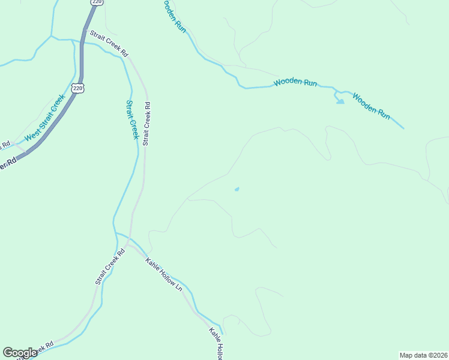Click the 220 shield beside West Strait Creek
77,88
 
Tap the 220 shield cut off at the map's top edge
97,2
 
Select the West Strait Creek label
44,119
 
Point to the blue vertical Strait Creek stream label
131,119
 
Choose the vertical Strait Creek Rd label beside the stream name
146,124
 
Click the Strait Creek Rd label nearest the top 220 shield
109,44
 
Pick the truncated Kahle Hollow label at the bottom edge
217,344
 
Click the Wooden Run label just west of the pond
295,83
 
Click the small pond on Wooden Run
340,100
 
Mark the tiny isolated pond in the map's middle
237,190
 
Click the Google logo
20,353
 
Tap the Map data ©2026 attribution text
423,355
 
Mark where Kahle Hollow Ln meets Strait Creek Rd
128,245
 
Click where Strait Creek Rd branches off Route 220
85,31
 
